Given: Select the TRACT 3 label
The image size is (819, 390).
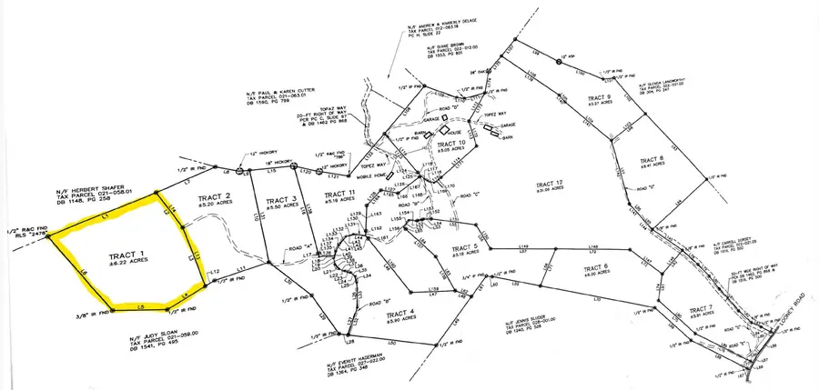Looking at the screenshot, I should [283, 201].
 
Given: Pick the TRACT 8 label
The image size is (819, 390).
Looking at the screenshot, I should [651, 160].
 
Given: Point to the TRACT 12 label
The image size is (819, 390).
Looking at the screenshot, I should [551, 184].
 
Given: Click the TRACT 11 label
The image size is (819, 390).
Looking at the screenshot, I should [338, 194].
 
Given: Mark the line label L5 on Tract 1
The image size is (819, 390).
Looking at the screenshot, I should [141, 308].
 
